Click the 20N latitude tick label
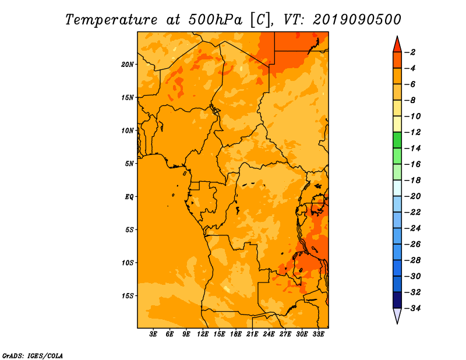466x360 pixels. coord(127,65)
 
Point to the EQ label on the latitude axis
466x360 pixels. coord(129,197)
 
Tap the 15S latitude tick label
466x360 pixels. coord(127,296)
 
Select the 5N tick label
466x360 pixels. coord(129,164)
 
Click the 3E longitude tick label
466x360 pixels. coord(153,334)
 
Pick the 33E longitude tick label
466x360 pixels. coord(318,334)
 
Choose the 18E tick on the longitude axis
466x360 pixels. coord(236,334)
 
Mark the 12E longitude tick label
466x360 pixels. coord(203,334)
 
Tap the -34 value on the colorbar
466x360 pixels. coord(412,308)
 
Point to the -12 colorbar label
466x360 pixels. coord(412,132)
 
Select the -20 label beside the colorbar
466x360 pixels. coord(412,196)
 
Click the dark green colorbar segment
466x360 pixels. coord(397,140)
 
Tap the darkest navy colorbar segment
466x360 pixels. coord(397,300)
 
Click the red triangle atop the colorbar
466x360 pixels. coord(397,45)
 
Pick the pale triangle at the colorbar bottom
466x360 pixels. coord(397,315)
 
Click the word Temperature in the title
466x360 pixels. coord(111,20)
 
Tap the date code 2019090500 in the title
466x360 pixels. coord(357,20)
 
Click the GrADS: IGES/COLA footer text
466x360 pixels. coord(33,356)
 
